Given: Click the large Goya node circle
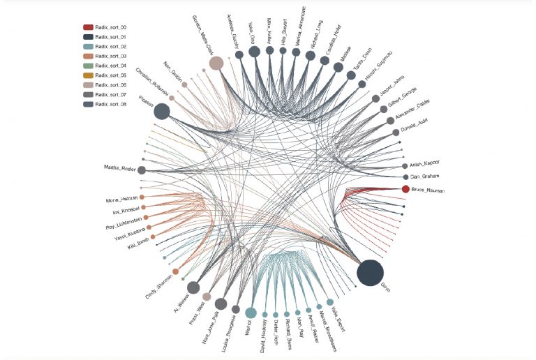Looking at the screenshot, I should pyautogui.click(x=370, y=272).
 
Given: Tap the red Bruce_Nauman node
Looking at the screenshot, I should pyautogui.click(x=405, y=189).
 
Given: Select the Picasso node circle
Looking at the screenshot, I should pyautogui.click(x=161, y=111).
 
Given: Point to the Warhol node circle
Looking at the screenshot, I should pyautogui.click(x=251, y=313).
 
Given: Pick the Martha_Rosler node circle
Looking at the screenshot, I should pyautogui.click(x=142, y=170).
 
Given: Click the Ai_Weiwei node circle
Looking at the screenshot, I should pyautogui.click(x=193, y=287).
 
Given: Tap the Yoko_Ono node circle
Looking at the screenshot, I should pyautogui.click(x=254, y=51).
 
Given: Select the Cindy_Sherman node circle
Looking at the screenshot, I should pyautogui.click(x=175, y=271).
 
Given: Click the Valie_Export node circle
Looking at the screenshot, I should pyautogui.click(x=330, y=302).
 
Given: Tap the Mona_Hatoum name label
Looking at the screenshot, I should pyautogui.click(x=121, y=199).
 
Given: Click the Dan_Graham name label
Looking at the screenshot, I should pyautogui.click(x=424, y=177).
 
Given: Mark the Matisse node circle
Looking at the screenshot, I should pyautogui.click(x=338, y=67).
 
